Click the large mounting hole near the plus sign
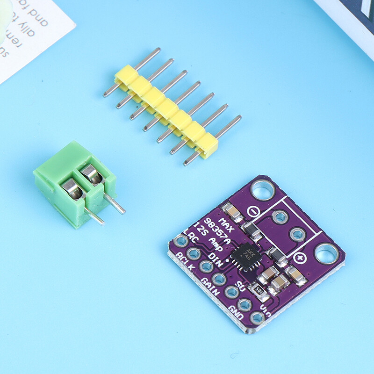(x=325, y=254)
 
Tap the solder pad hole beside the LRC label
(x=180, y=242)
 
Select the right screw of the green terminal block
(x=92, y=174)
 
